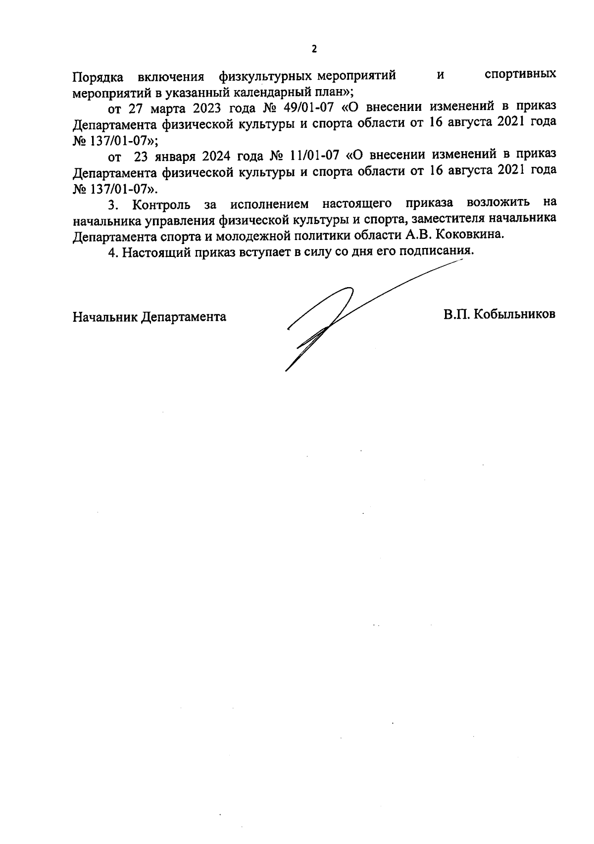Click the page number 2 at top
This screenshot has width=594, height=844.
point(313,49)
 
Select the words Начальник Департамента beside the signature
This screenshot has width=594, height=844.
point(149,317)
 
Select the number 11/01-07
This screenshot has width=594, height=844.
point(312,154)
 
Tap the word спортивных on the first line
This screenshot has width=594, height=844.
point(520,75)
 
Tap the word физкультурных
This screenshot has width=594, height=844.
point(266,77)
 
